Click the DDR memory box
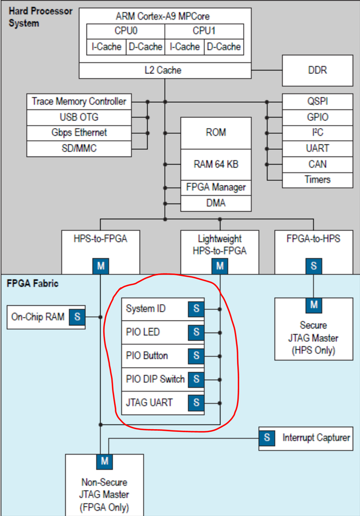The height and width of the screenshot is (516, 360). [321, 70]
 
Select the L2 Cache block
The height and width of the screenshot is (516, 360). [165, 70]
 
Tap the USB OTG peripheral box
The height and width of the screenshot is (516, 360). [78, 117]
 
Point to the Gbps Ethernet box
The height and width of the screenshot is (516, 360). [78, 133]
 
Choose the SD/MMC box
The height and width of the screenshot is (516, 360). [78, 149]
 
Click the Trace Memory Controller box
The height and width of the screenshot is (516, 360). [78, 101]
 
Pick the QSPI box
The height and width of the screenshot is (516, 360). [318, 101]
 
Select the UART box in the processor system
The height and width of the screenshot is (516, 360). [318, 149]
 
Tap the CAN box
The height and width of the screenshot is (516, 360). [318, 164]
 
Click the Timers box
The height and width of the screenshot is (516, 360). [318, 180]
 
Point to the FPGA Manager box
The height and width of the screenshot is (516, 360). [216, 187]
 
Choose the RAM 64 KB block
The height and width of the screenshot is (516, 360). [216, 165]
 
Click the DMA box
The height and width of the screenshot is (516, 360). [216, 203]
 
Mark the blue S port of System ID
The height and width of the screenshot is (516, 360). [196, 309]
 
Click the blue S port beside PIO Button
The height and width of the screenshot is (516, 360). [196, 356]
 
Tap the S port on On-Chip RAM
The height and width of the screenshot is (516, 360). [77, 317]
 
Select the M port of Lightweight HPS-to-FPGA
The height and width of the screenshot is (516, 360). [221, 266]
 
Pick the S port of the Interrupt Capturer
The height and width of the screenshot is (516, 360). [267, 438]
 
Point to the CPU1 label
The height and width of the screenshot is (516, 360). [204, 31]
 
